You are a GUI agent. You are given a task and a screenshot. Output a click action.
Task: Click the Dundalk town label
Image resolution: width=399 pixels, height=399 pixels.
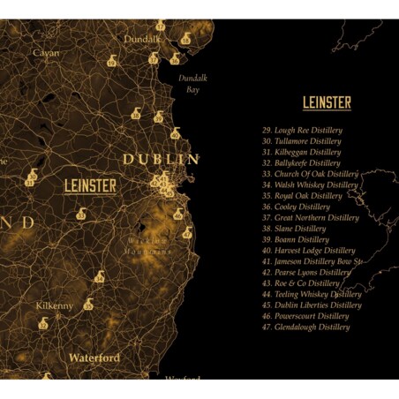pyautogui.click(x=142, y=39)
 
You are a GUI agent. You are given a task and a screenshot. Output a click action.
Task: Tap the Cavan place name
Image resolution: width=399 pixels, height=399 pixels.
pyautogui.click(x=46, y=53)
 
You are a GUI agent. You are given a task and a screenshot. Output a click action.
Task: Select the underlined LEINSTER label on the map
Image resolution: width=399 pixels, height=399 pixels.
pyautogui.click(x=90, y=186)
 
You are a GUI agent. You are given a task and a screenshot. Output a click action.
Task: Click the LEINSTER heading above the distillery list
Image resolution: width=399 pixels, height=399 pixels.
pyautogui.click(x=327, y=103)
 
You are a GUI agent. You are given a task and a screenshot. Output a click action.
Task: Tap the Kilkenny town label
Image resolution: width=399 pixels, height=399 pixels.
pyautogui.click(x=55, y=305)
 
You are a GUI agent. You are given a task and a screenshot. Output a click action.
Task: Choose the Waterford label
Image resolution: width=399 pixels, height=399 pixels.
pyautogui.click(x=94, y=358)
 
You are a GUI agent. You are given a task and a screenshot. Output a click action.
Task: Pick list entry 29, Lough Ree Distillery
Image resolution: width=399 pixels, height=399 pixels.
pyautogui.click(x=302, y=130)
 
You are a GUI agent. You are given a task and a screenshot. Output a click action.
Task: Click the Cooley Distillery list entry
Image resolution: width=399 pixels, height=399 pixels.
pyautogui.click(x=299, y=207)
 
